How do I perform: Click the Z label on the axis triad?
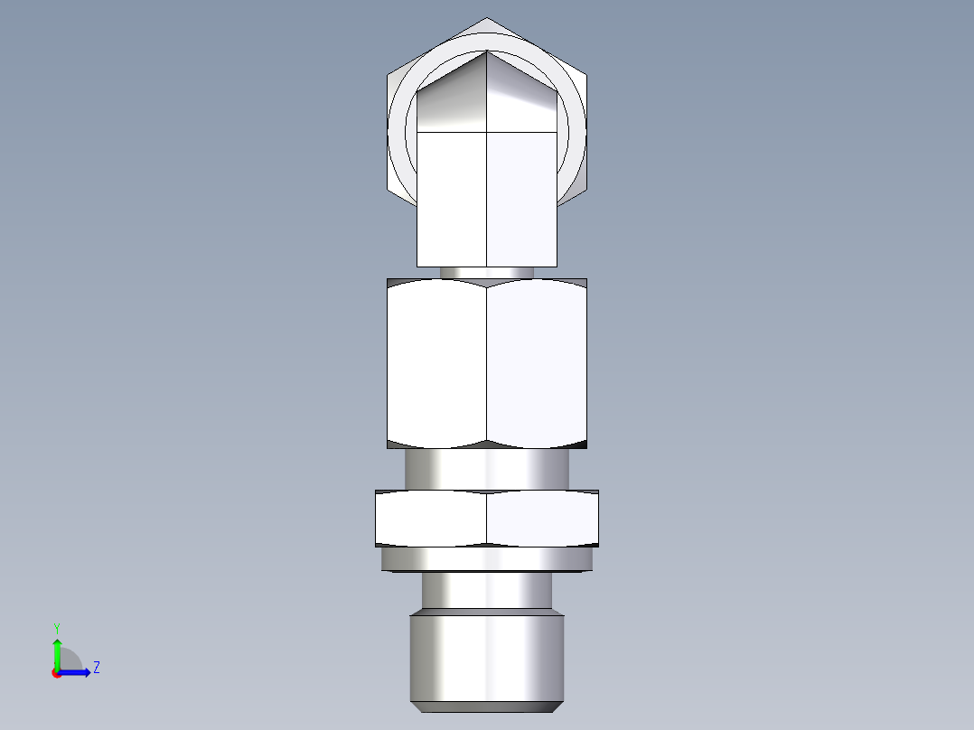click(96, 668)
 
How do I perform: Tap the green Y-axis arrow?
click(57, 650)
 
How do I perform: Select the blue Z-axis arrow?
click(77, 671)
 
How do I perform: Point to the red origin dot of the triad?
click(56, 673)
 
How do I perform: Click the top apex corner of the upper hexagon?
click(487, 18)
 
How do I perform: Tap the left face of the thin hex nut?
click(431, 518)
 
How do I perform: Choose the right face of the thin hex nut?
click(542, 518)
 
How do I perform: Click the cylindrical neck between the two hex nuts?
click(487, 469)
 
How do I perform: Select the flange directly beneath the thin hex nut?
click(487, 560)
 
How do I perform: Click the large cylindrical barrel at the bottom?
click(487, 655)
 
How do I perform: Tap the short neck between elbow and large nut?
click(487, 272)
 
